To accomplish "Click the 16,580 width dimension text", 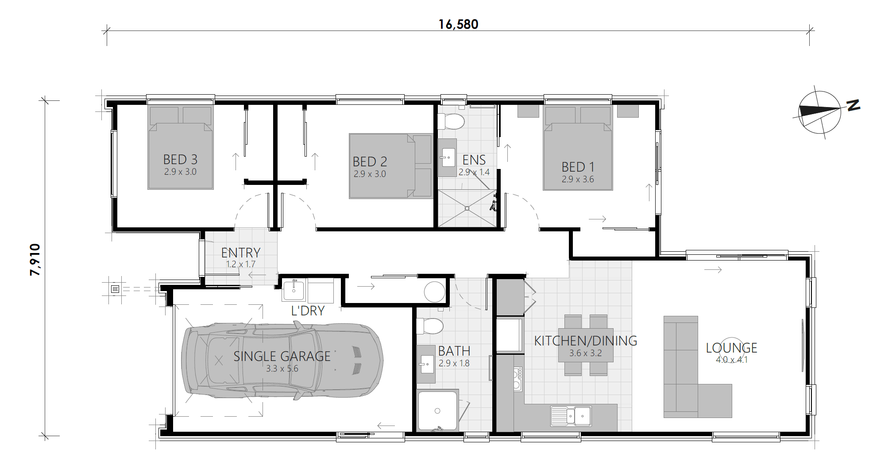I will [x=458, y=24].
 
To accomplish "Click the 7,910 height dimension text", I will [x=35, y=260].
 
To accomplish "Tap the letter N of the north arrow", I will [x=853, y=105].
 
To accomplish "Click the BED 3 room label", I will [x=180, y=159].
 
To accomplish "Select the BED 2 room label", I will [x=370, y=161].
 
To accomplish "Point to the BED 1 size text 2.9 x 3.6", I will [x=578, y=179].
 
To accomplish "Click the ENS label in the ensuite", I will [x=474, y=160].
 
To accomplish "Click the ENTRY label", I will [x=240, y=253].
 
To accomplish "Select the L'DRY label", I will [x=308, y=311].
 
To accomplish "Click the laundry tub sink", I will [x=294, y=290].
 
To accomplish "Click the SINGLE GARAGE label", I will [x=282, y=356].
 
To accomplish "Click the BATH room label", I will [x=454, y=351].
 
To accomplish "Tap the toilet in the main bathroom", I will [x=429, y=326].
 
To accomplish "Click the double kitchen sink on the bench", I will [x=571, y=416].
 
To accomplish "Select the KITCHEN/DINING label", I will [x=585, y=341].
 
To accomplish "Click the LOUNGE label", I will [x=731, y=348].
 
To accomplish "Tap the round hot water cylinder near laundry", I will [x=434, y=292].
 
